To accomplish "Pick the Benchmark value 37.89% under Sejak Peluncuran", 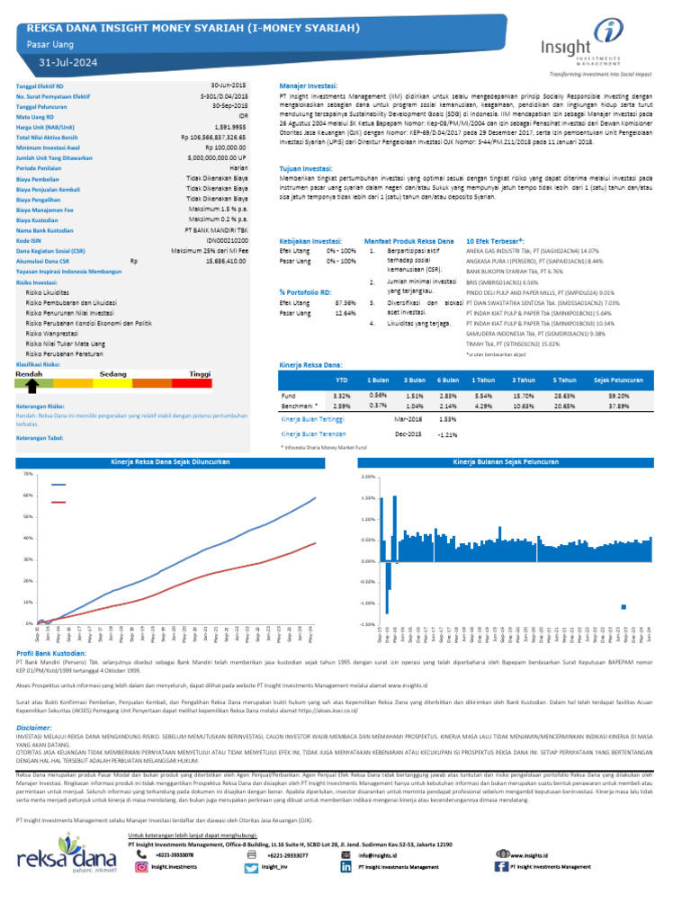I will tap(618, 406).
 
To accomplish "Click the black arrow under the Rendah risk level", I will tap(31, 386).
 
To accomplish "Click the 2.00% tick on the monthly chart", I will tap(368, 477).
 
